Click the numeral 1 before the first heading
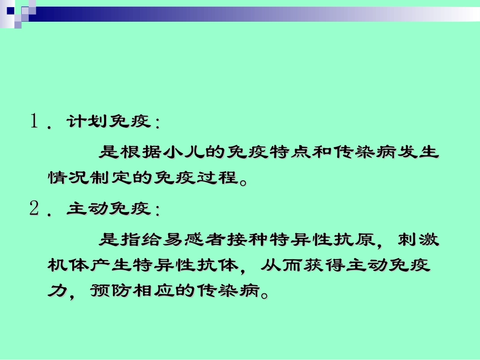[35, 122]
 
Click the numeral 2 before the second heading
[35, 209]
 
